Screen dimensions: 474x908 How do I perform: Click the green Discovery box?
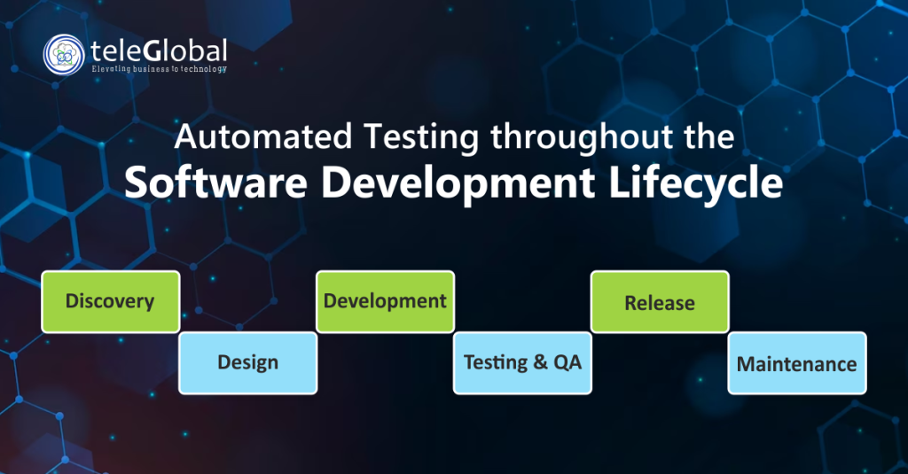[x=110, y=301]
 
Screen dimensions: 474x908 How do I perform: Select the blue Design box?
[x=247, y=362]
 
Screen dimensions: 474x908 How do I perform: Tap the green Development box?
[x=385, y=301]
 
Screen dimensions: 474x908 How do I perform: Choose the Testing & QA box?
[x=522, y=362]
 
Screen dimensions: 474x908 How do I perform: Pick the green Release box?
[x=659, y=302]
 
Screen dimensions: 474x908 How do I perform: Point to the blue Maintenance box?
[x=796, y=363]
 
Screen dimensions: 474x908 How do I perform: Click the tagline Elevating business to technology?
[x=159, y=69]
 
